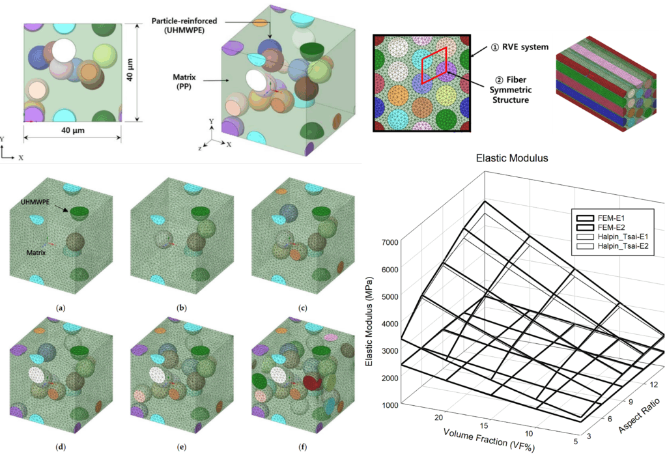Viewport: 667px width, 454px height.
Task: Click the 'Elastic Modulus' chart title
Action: [513, 157]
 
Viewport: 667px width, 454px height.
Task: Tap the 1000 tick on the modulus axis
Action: [390, 404]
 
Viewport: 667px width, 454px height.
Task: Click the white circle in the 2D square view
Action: [64, 51]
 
